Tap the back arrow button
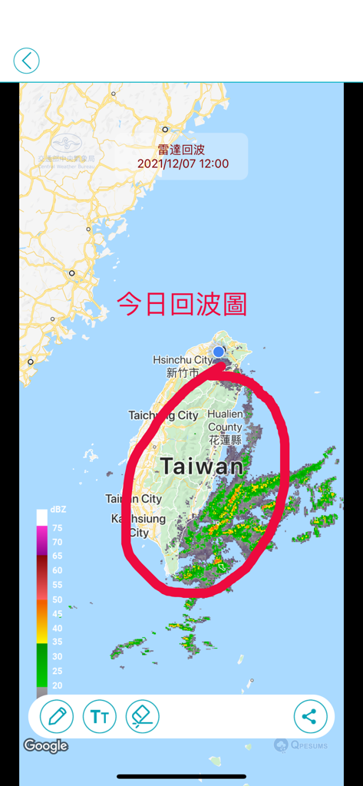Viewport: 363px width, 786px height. (x=26, y=61)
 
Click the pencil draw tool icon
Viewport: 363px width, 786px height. (x=57, y=717)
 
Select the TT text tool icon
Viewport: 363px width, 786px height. (x=99, y=717)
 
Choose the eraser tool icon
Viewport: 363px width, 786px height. (x=142, y=717)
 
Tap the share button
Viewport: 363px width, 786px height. (x=310, y=717)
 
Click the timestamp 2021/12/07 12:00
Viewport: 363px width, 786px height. (x=183, y=163)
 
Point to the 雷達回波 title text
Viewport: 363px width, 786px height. (x=183, y=150)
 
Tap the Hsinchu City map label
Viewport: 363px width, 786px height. (x=183, y=360)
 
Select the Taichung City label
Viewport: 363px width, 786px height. (x=163, y=415)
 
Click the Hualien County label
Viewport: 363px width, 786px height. (x=225, y=421)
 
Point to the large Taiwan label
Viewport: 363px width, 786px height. (x=202, y=466)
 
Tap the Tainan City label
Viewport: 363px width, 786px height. (x=134, y=499)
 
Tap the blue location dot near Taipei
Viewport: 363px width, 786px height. (x=219, y=352)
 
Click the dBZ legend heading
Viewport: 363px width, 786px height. (x=58, y=510)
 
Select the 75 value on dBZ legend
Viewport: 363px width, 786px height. (x=57, y=528)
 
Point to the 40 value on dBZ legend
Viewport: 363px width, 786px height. (x=57, y=628)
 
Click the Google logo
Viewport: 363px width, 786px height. (x=45, y=745)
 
